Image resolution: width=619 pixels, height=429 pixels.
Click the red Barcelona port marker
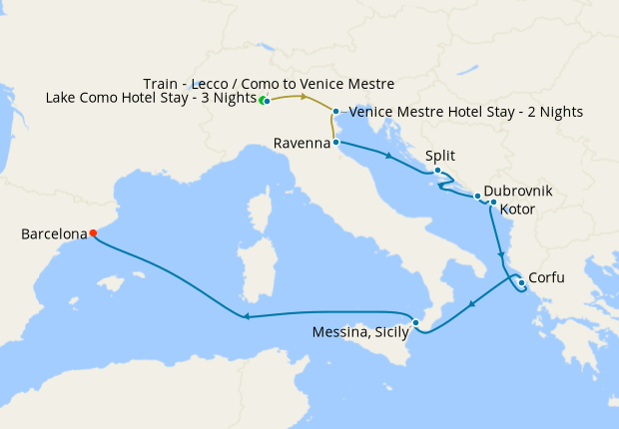(93, 233)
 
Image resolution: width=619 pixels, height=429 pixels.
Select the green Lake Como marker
(263, 101)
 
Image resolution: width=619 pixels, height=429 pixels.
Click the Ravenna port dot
(336, 143)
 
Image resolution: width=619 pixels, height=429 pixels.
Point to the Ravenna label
(302, 144)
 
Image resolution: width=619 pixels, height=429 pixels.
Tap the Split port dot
(437, 171)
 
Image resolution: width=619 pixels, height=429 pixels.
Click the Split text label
(441, 156)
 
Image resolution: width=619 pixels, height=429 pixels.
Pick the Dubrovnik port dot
(478, 196)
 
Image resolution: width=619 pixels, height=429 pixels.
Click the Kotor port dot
(493, 203)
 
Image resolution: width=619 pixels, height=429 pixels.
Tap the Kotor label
(516, 210)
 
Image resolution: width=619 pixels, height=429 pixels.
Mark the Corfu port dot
(522, 282)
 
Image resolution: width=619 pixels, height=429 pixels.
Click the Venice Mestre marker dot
(336, 112)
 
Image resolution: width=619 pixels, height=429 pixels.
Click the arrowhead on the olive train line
(303, 97)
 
